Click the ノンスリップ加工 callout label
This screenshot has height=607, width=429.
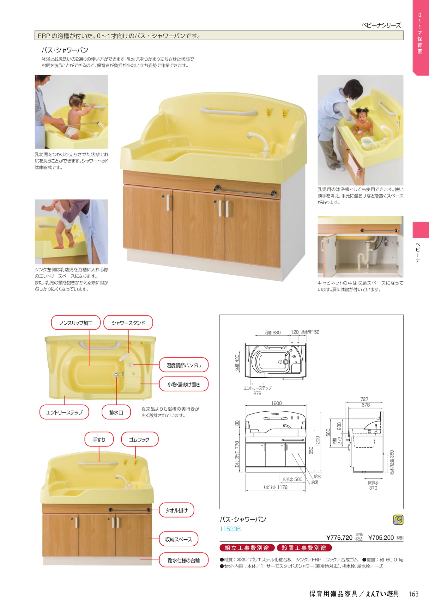[76, 323]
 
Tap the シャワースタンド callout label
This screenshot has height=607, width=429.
[128, 323]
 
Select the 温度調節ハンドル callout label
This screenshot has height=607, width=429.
[184, 365]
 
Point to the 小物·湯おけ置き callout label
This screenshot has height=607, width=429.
[184, 384]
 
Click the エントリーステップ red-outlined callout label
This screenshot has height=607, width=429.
[64, 412]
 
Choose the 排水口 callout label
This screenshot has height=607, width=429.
[116, 412]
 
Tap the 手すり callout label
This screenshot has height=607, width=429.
[99, 439]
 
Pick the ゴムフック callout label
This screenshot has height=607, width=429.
[139, 439]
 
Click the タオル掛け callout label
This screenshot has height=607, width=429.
[176, 510]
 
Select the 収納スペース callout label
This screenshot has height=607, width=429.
[178, 539]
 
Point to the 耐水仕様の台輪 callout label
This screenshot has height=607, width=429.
[184, 560]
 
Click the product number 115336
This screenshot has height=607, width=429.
[230, 529]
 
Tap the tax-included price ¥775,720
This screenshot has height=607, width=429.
[339, 537]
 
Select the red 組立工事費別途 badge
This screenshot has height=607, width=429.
[247, 548]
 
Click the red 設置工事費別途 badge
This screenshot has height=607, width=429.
[304, 548]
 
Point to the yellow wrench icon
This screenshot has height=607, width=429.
[398, 520]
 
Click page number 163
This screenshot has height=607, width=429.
[414, 594]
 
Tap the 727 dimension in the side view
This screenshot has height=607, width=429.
[364, 399]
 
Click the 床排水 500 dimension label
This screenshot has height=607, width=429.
[292, 480]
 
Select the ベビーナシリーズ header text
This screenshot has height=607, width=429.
[381, 25]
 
